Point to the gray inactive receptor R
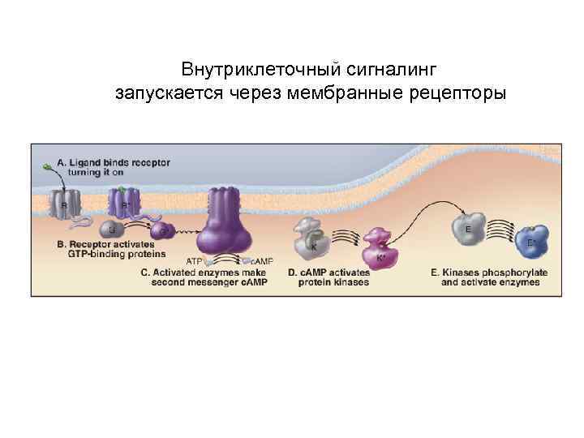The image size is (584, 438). tap(64, 204)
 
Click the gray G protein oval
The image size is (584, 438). tap(111, 230)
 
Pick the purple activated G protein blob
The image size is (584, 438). tap(162, 231)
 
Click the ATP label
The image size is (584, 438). tap(195, 261)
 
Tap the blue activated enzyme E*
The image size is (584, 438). tap(533, 238)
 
